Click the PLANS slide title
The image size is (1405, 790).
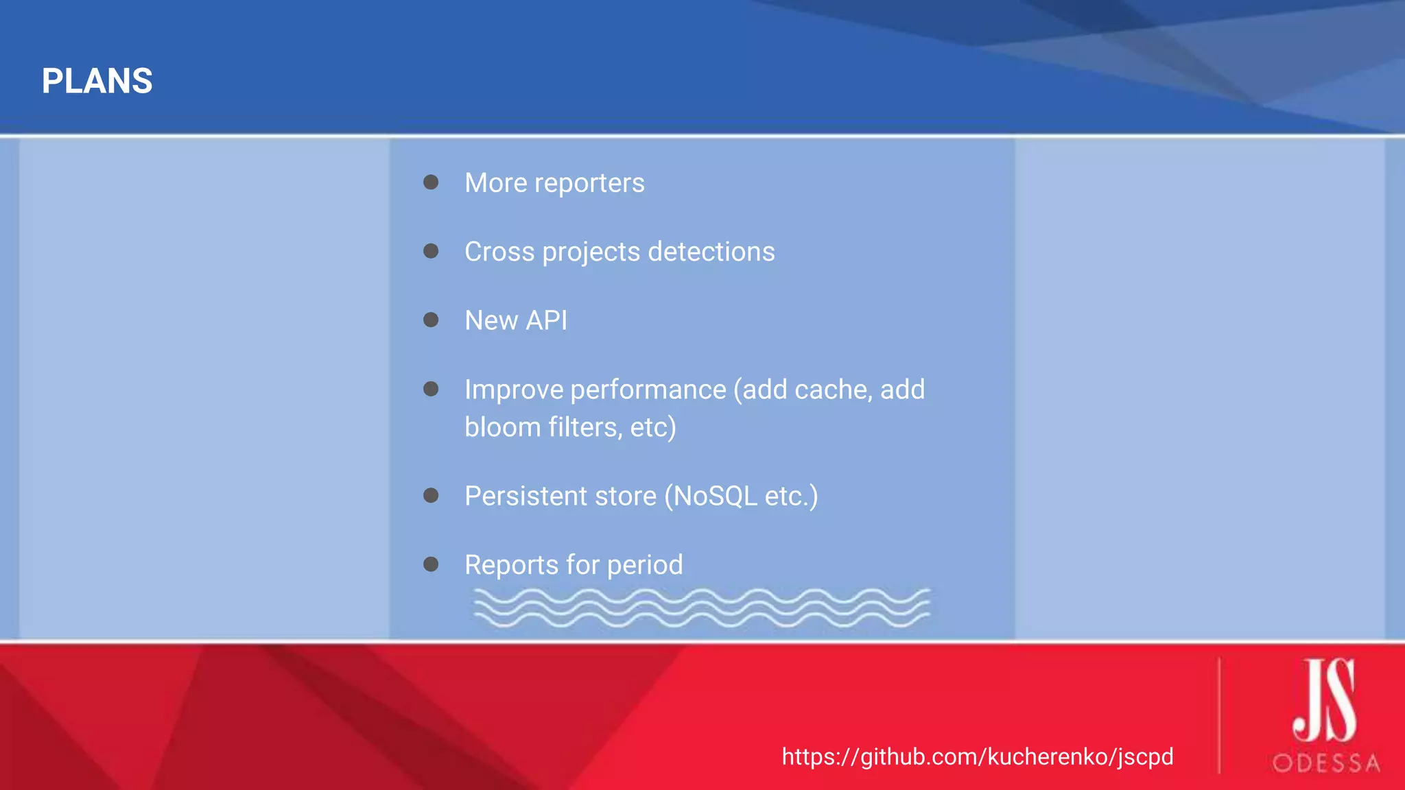(97, 81)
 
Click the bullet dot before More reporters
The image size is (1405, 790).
(431, 182)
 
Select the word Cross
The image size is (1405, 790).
(499, 252)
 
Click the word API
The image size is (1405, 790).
(546, 320)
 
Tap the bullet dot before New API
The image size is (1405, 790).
(431, 320)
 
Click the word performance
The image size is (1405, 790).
(648, 390)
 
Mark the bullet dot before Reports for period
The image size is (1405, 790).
(431, 564)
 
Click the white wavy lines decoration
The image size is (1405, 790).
(701, 608)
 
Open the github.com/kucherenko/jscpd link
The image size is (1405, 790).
(977, 756)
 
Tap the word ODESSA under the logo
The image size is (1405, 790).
(1325, 763)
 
